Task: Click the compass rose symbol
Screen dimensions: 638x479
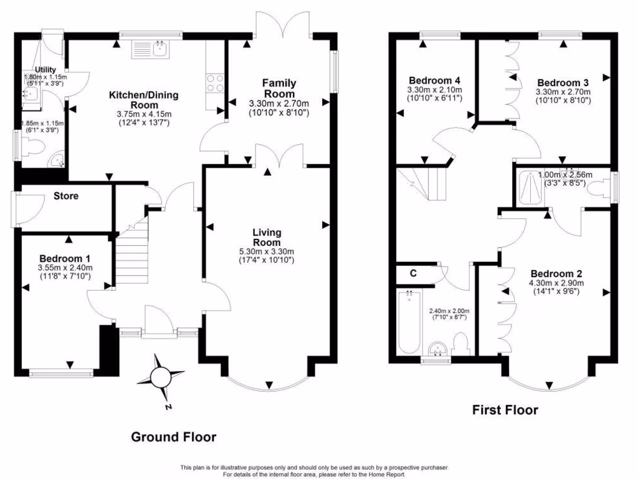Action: pos(161,377)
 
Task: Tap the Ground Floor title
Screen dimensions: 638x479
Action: pos(173,437)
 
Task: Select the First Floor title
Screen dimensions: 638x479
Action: pos(505,410)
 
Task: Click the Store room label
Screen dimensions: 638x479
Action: pos(66,196)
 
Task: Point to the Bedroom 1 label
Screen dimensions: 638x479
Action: pos(65,258)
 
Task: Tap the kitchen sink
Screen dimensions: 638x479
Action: pos(151,49)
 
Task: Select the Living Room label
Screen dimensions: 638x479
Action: pos(267,238)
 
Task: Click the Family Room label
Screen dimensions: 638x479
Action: pos(279,89)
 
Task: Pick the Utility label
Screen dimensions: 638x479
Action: pos(46,69)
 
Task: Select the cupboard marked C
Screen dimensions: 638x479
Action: pos(413,273)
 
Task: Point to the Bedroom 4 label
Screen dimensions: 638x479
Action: pos(434,80)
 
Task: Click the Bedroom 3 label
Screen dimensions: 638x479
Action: pos(563,82)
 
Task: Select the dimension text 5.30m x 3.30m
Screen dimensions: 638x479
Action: pos(267,251)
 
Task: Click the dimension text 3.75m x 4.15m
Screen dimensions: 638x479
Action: pos(144,114)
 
